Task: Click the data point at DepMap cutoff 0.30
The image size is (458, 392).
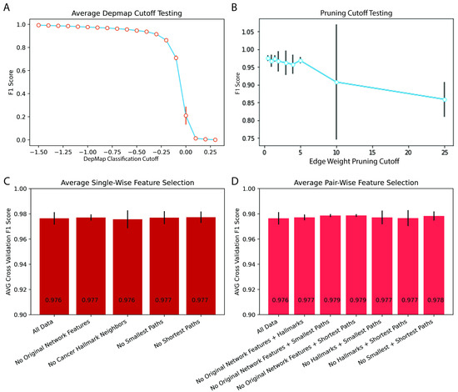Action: (x=215, y=139)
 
